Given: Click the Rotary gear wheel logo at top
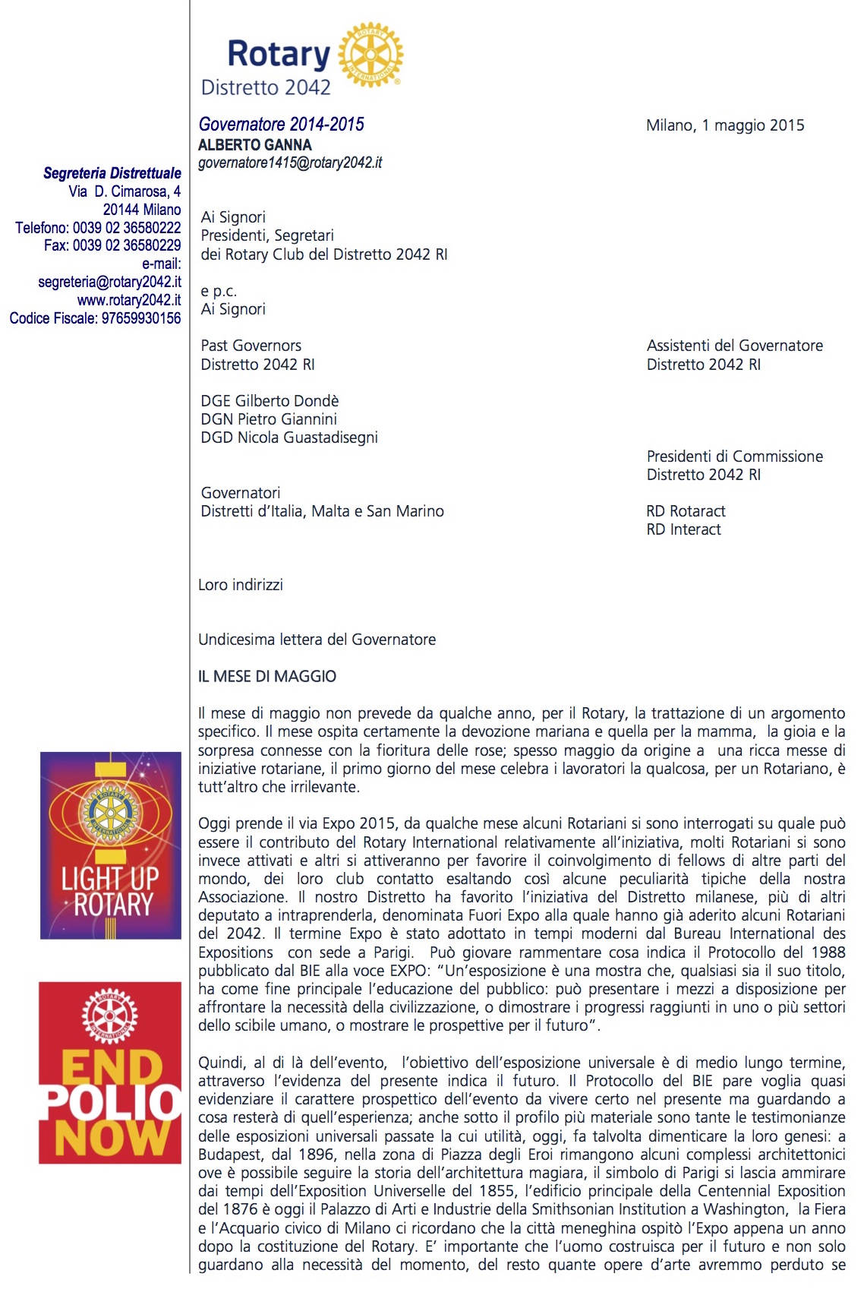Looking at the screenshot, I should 370,54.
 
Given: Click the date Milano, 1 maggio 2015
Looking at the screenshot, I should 725,125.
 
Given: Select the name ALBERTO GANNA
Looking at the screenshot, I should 254,144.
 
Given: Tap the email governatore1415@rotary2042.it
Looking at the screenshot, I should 290,163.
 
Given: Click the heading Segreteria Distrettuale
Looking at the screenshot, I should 112,173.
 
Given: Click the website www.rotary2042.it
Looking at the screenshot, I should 129,300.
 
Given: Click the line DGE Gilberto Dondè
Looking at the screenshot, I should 270,400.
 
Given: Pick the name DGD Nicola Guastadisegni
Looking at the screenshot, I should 289,438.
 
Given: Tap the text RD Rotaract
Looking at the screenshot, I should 686,511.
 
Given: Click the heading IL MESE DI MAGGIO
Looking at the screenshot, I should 267,676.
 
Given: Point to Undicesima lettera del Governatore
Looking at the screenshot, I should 317,640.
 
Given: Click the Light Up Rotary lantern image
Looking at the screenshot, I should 111,845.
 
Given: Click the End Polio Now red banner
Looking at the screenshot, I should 111,1073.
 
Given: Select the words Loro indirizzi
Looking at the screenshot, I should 241,585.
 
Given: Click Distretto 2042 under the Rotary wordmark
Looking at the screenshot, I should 266,88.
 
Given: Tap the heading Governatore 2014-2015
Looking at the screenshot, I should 282,125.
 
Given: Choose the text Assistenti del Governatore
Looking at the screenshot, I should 734,346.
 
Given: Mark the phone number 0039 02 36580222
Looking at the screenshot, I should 127,228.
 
